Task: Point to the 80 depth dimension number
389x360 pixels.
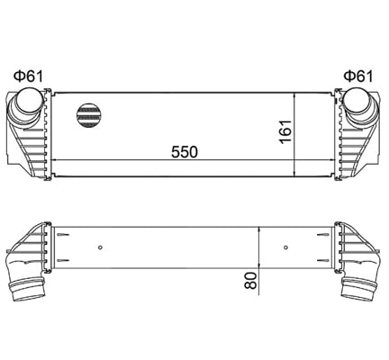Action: [x=251, y=280]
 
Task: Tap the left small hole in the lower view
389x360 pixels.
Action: [x=101, y=247]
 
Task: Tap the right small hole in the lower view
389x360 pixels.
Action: [x=285, y=247]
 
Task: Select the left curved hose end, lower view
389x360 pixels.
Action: [x=29, y=289]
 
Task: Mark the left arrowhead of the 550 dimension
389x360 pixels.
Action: [x=58, y=159]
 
